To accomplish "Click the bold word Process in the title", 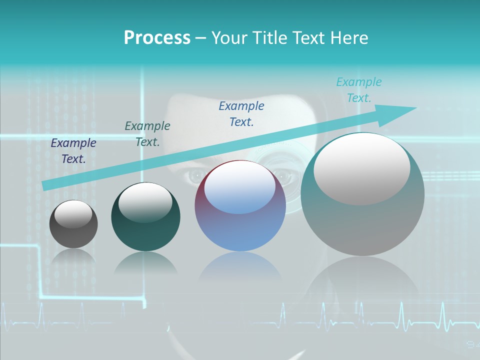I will click(157, 38).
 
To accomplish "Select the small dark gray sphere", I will click(73, 224).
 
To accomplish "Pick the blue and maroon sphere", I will click(240, 206).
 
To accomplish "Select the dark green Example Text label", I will click(147, 134).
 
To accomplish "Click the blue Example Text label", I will click(241, 114).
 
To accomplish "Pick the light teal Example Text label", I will click(359, 90).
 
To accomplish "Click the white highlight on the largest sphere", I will click(361, 169).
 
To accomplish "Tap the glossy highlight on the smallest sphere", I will click(73, 214).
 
